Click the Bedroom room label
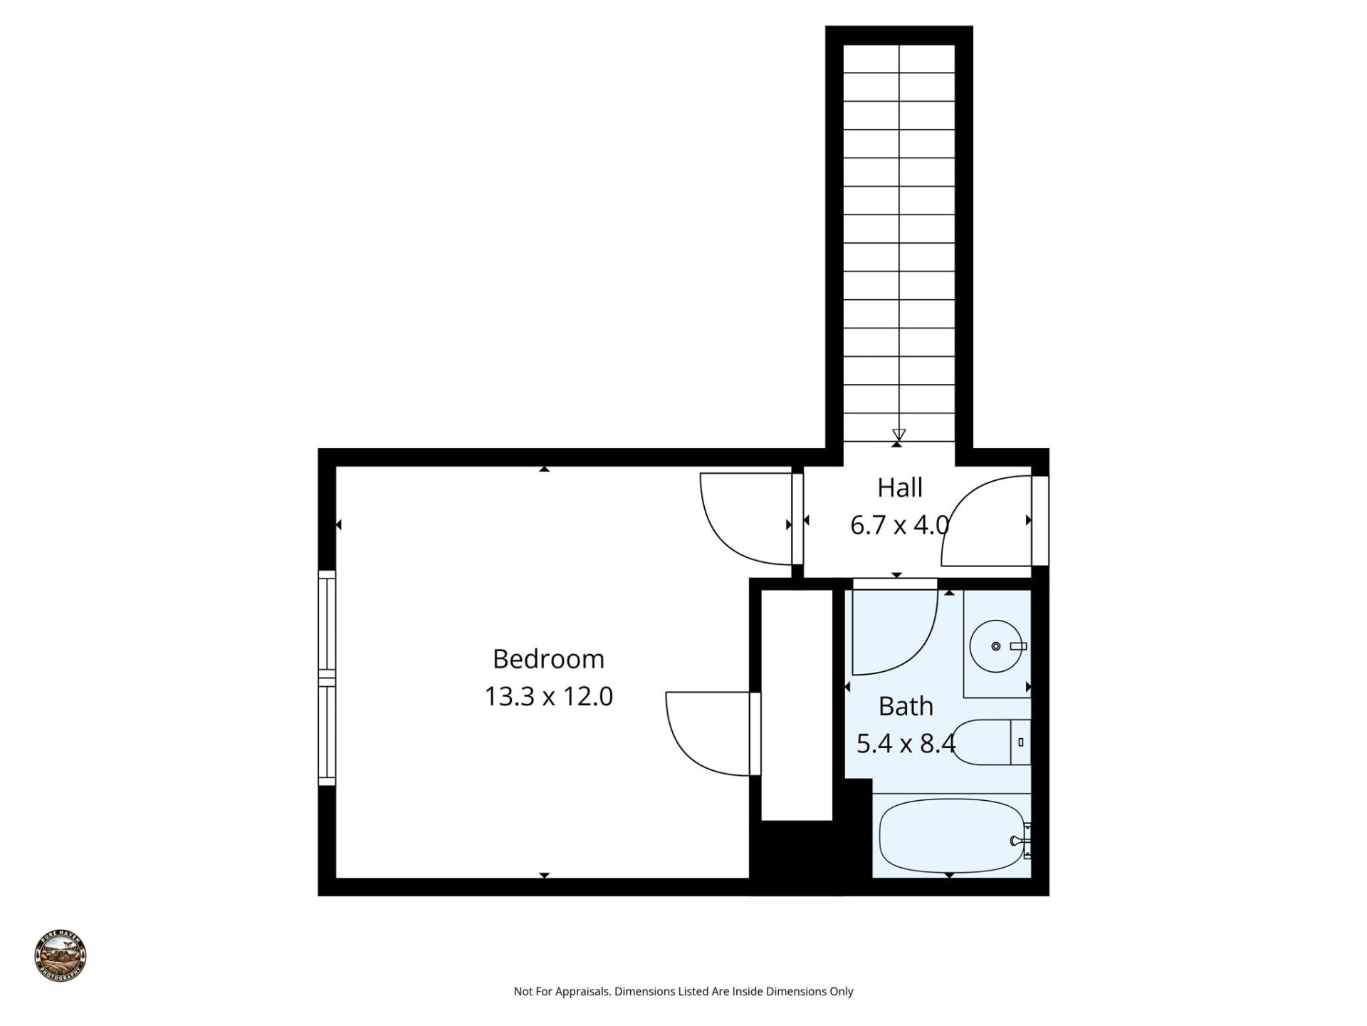[x=548, y=659]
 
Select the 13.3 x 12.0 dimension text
[x=548, y=696]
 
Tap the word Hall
[x=899, y=488]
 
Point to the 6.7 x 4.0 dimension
[x=899, y=525]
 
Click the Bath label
[x=905, y=706]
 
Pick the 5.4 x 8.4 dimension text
[x=905, y=744]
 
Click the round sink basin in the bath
[x=995, y=646]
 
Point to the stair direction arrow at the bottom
[x=899, y=434]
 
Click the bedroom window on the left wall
[x=326, y=678]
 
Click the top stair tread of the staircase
[x=899, y=58]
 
